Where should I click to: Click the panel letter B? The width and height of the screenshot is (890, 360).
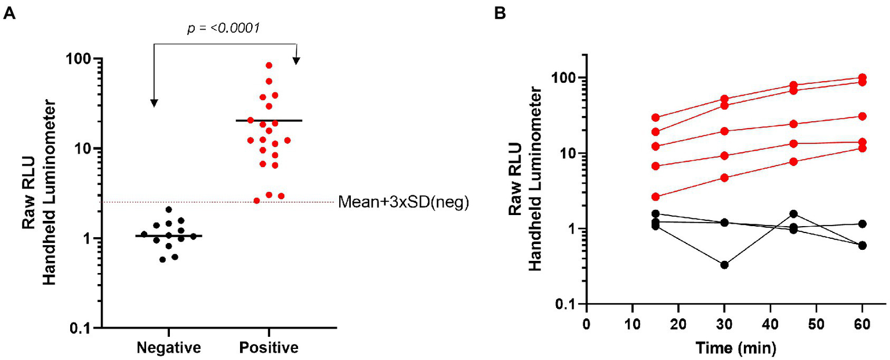499,14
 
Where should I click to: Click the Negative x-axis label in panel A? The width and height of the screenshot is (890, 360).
169,348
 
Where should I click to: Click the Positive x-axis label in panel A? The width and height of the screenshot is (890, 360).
268,348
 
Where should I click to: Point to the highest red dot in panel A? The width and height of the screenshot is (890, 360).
269,66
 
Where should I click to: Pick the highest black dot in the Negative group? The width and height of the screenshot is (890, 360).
169,210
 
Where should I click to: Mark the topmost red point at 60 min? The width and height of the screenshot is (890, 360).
862,78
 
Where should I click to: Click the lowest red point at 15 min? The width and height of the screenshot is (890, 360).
656,197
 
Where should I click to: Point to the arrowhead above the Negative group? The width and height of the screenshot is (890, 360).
154,103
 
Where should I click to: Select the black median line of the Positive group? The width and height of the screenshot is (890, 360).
269,121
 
